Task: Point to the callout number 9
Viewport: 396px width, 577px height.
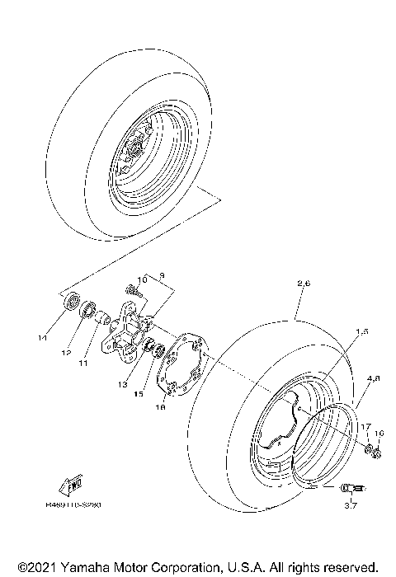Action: pyautogui.click(x=163, y=274)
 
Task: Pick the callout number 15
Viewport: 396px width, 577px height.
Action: pyautogui.click(x=139, y=394)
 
